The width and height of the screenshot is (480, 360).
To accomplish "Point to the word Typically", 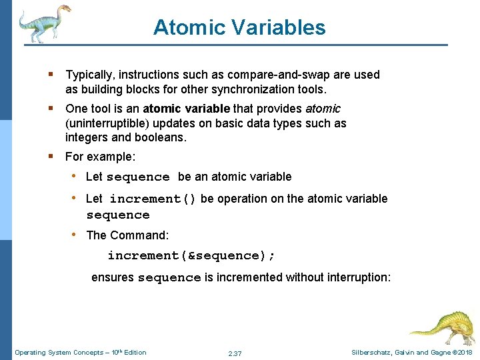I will coord(91,75).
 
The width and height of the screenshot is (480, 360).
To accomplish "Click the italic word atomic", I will coord(323,108).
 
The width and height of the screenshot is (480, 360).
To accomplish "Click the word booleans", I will coord(161,138).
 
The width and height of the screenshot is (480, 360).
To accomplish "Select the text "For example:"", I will coord(100,157).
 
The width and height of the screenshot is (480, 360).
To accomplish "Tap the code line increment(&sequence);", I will coord(191,256).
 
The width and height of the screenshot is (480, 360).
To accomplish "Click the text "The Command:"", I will coord(127,235).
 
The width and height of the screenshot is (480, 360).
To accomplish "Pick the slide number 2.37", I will coord(235,353).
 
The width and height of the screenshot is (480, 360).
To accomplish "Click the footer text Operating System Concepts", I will coord(57,353).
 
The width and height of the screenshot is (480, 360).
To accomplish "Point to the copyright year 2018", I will coord(465,353).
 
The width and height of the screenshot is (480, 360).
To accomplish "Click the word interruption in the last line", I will coord(359,277).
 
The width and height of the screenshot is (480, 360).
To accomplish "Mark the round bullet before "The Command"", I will coord(76,235).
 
